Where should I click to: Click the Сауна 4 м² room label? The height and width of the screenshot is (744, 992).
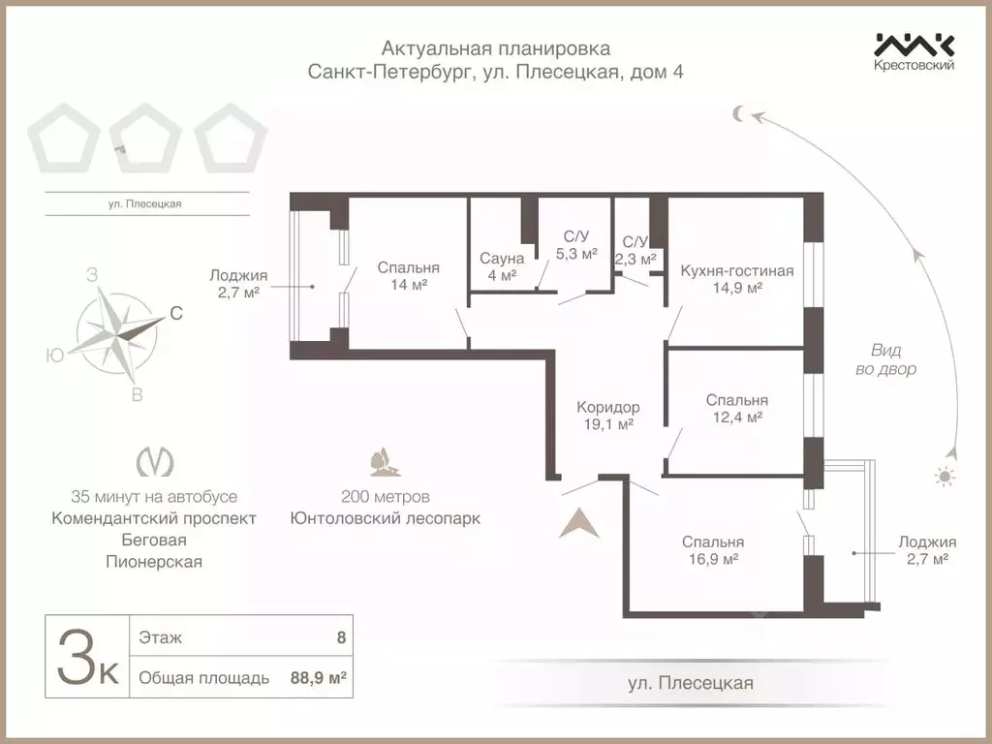coord(502,266)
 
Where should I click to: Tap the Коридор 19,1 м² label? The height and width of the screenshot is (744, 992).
coord(607,416)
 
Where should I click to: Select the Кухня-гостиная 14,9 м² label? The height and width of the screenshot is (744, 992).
coord(736,279)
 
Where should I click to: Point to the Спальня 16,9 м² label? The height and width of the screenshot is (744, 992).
coord(712,550)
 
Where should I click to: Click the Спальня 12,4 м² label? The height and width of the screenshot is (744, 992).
coord(736,408)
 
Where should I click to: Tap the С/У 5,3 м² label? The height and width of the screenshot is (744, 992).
coord(575,245)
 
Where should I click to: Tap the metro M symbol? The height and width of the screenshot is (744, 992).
coord(148,463)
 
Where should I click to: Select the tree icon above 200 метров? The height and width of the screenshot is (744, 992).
coord(385,463)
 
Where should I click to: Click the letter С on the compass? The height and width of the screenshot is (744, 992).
coord(176,313)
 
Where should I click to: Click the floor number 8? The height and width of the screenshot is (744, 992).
coord(340,638)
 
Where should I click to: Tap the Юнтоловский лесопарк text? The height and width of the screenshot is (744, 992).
coord(385,518)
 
